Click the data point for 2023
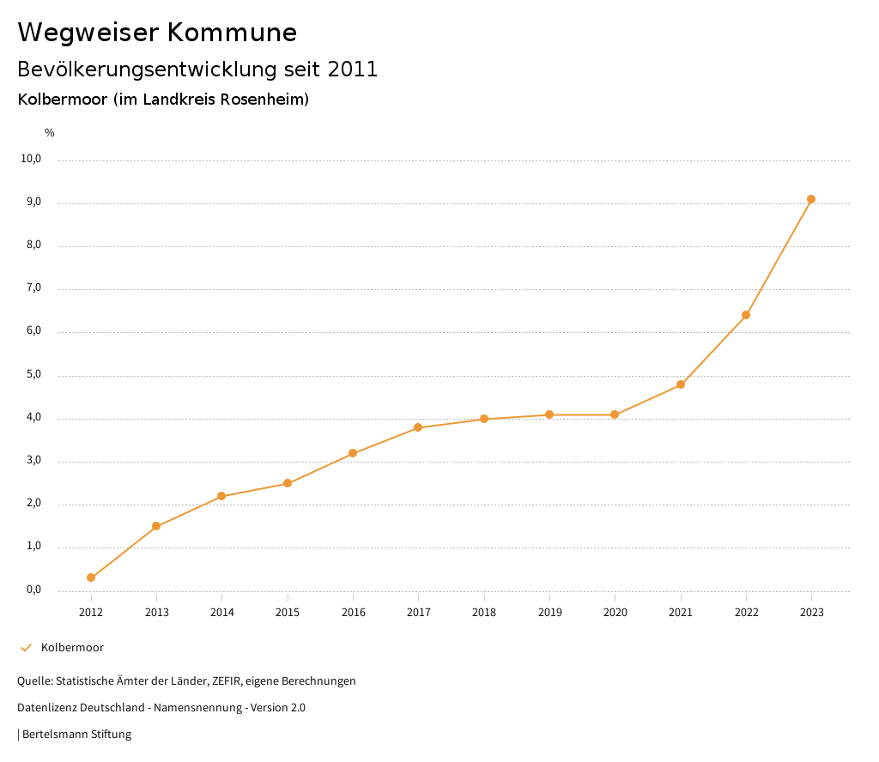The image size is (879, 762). tap(811, 199)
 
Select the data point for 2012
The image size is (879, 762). tap(91, 578)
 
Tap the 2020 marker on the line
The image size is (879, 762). tap(615, 414)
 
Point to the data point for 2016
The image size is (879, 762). tap(353, 453)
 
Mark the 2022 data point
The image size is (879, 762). tap(746, 315)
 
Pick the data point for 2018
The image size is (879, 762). tap(484, 419)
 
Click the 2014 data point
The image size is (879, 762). tap(221, 496)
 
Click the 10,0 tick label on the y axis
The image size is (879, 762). tap(32, 159)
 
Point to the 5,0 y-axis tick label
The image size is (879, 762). tap(33, 374)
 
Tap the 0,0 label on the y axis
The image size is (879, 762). tap(33, 590)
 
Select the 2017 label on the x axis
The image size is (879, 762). tap(418, 612)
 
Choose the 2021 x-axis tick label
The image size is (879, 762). tap(681, 612)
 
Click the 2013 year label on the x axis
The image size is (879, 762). tap(156, 612)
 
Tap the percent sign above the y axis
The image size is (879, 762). tap(50, 132)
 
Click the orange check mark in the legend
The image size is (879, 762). tap(26, 648)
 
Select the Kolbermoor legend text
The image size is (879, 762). tap(72, 648)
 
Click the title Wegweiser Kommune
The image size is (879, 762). tap(157, 33)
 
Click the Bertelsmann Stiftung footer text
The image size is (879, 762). tap(76, 735)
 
